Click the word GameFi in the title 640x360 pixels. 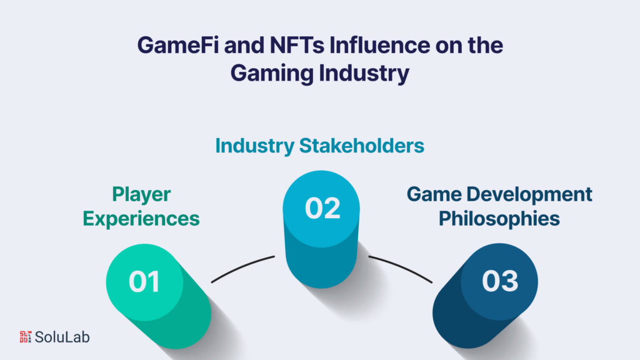[176, 47]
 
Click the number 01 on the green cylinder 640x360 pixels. [144, 281]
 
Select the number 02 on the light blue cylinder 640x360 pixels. [323, 208]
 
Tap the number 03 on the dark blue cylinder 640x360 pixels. [500, 281]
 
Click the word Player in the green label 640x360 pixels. [141, 195]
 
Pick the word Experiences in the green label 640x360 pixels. [141, 219]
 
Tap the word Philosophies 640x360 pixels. [499, 219]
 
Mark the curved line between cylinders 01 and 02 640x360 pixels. [242, 269]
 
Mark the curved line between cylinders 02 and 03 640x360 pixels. [400, 269]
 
